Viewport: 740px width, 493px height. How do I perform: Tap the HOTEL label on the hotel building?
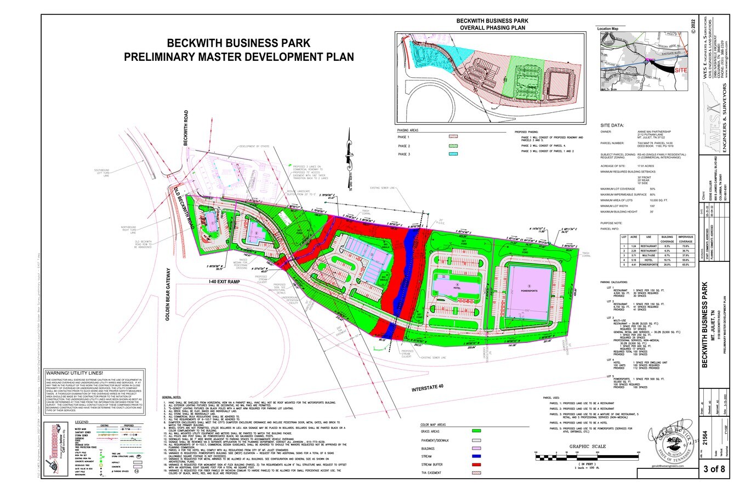coord(456,286)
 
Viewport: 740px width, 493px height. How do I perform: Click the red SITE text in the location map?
coord(680,71)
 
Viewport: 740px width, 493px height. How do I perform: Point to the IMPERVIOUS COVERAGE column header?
coord(685,239)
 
